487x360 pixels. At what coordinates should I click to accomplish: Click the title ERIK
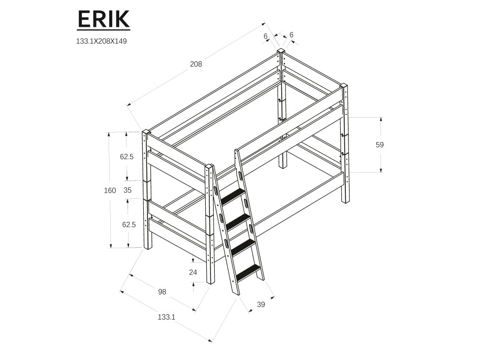[103, 19]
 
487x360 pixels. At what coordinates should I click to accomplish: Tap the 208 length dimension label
[196, 65]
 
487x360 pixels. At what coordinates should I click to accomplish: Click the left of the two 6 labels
[266, 36]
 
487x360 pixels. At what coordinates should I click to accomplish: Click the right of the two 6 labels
[291, 35]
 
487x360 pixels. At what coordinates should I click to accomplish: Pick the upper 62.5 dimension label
[128, 156]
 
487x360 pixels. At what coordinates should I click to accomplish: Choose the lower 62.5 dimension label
[129, 224]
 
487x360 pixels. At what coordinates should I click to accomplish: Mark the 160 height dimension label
[110, 190]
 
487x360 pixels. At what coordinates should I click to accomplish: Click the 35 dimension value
[128, 190]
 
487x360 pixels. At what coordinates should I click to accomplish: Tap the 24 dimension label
[193, 272]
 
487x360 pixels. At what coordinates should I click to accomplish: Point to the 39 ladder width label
[261, 304]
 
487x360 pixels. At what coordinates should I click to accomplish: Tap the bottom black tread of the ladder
[248, 272]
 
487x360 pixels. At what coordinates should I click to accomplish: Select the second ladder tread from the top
[238, 221]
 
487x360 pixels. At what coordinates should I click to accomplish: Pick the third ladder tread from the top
[243, 246]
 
